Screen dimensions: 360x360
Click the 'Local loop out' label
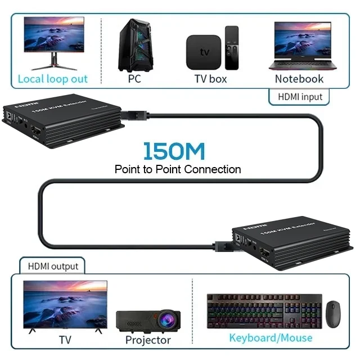tap(53, 79)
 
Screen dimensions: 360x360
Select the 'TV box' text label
tap(210, 79)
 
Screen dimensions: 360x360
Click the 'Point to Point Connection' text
tap(178, 169)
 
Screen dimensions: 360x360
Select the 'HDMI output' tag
tap(53, 265)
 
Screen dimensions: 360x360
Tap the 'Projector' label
tap(148, 340)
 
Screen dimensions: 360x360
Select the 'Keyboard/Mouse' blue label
tap(271, 337)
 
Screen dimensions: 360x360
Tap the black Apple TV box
tap(203, 51)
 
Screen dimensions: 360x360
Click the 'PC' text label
tap(134, 79)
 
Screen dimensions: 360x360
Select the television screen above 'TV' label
tap(65, 304)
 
